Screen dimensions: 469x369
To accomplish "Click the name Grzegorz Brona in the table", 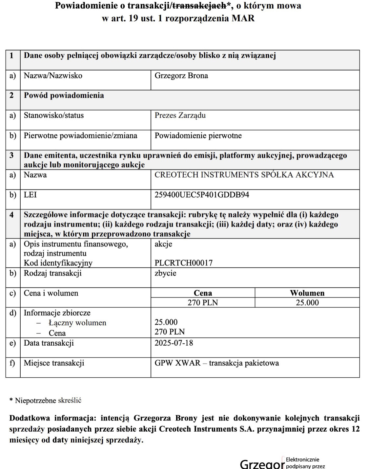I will pyautogui.click(x=181, y=76).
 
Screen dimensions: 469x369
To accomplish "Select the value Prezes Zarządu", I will pyautogui.click(x=180, y=115).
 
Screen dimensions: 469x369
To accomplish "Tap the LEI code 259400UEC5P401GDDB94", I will pyautogui.click(x=202, y=195).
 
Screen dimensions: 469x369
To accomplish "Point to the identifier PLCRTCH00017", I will pyautogui.click(x=183, y=263).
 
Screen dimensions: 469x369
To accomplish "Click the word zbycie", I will pyautogui.click(x=165, y=273).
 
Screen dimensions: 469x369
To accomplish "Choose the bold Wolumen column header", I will pyautogui.click(x=307, y=293).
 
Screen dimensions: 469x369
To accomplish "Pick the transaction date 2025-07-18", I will pyautogui.click(x=174, y=343).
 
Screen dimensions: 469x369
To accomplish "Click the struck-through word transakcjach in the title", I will pyautogui.click(x=199, y=6).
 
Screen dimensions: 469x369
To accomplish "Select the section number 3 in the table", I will pyautogui.click(x=12, y=155).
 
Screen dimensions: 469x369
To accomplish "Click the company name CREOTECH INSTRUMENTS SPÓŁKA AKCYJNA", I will pyautogui.click(x=244, y=175).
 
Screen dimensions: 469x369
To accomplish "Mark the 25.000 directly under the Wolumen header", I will pyautogui.click(x=307, y=302).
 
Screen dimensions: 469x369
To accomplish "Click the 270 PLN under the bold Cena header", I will pyautogui.click(x=203, y=302).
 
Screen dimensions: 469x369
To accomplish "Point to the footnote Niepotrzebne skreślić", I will pyautogui.click(x=48, y=400).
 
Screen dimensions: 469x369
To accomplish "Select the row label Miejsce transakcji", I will pyautogui.click(x=54, y=363).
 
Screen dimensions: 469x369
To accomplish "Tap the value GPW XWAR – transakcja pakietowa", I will pyautogui.click(x=216, y=363).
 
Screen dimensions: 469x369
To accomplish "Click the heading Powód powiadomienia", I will pyautogui.click(x=64, y=95).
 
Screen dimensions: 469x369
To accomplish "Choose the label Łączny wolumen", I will pyautogui.click(x=77, y=323).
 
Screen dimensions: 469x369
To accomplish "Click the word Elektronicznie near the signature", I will pyautogui.click(x=302, y=460).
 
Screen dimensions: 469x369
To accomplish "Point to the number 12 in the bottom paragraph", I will pyautogui.click(x=356, y=429).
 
